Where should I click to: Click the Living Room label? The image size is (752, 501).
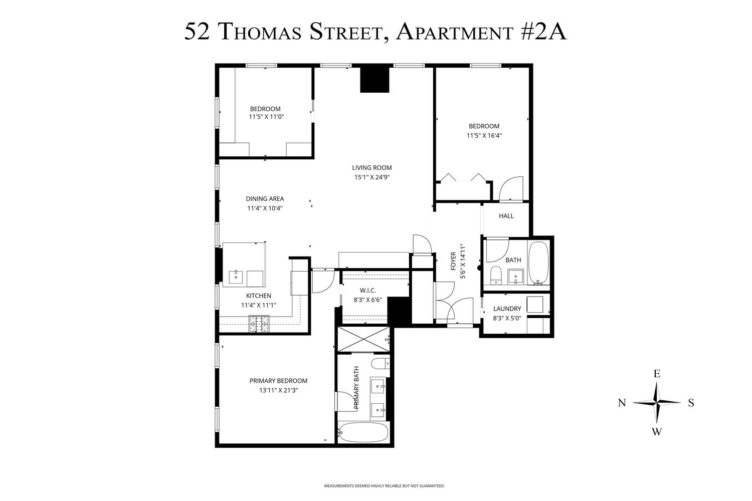(371, 168)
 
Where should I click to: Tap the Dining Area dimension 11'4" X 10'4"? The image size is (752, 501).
(265, 208)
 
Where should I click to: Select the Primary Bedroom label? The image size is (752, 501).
(278, 381)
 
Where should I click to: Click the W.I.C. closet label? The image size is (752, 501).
(367, 291)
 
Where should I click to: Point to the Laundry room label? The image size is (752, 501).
(507, 309)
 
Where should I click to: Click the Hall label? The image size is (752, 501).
(506, 216)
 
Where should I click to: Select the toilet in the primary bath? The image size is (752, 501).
(380, 364)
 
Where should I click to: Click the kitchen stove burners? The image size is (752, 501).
(259, 324)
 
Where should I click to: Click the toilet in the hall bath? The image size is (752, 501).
(496, 275)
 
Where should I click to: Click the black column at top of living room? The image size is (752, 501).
(374, 80)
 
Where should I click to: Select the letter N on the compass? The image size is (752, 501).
(622, 403)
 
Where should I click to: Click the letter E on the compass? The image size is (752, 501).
(656, 374)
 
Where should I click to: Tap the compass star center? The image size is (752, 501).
(656, 403)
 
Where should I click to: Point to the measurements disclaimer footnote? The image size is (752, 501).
(384, 486)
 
